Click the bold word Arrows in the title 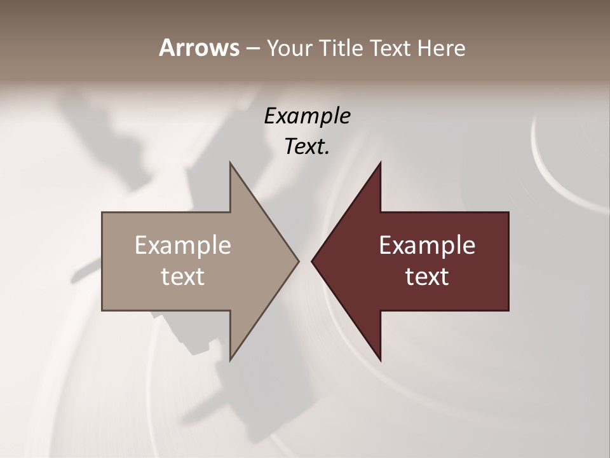coord(199,48)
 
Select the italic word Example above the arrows coord(308,116)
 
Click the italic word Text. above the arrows coord(308,147)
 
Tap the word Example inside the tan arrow coord(183,246)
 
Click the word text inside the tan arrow coord(183,277)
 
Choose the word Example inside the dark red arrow coord(427,246)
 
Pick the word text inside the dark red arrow coord(427,277)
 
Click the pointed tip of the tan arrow coord(299,261)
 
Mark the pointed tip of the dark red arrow coord(312,261)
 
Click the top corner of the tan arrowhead coord(230,163)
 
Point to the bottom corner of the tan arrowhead coord(230,360)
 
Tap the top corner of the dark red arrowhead coord(381,163)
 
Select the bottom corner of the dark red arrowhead coord(381,360)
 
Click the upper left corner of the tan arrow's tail coord(102,212)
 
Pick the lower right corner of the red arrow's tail coord(508,310)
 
